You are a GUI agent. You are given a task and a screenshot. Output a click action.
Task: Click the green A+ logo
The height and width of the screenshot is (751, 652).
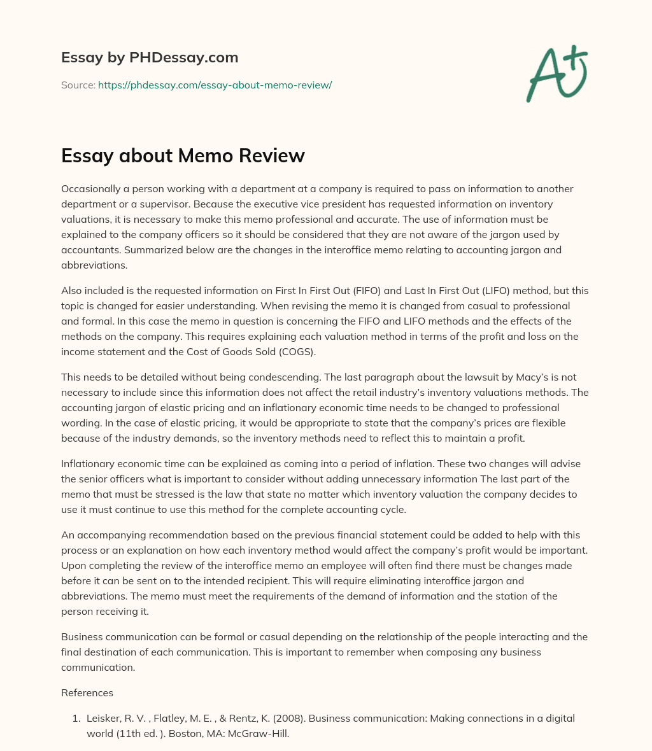click(556, 73)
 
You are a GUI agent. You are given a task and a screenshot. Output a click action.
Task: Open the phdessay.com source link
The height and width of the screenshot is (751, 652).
click(215, 85)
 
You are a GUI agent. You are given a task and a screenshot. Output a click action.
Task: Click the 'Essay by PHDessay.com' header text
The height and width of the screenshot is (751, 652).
click(150, 58)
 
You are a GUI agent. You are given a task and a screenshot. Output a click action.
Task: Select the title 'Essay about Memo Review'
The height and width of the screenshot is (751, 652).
click(183, 155)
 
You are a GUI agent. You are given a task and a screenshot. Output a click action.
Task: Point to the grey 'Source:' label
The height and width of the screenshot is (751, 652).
click(78, 85)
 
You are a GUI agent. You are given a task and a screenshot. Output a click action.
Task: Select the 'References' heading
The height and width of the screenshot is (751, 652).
click(87, 692)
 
